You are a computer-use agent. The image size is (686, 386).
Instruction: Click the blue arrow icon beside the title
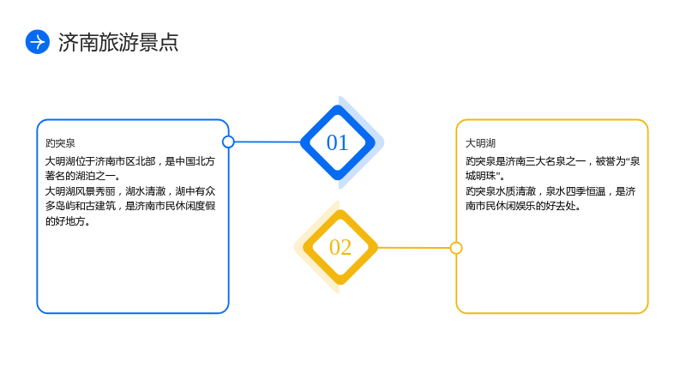coord(38,42)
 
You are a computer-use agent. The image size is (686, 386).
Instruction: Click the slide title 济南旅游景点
coord(118,42)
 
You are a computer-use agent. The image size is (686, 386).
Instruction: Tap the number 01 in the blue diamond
coord(337,142)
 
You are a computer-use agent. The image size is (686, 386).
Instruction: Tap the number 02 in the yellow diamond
coord(340,247)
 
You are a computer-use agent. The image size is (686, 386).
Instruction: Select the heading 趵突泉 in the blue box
coord(60,143)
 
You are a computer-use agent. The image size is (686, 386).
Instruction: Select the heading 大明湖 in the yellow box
coord(480,143)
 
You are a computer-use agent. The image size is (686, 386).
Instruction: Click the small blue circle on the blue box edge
coord(228,142)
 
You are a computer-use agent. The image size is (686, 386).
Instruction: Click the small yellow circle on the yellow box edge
coord(456,248)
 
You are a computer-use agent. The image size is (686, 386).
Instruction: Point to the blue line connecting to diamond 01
coord(268,142)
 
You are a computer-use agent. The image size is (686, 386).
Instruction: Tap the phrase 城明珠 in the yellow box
coord(480,176)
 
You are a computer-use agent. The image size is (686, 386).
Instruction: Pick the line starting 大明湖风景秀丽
coord(130,191)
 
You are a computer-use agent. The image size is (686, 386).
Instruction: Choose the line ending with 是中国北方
coord(130,161)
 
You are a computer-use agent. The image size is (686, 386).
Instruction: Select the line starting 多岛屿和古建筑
coord(130,206)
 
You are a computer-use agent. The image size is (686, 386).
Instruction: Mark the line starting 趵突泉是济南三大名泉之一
coord(552,161)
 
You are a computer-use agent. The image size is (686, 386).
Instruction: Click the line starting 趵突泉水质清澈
coord(551,191)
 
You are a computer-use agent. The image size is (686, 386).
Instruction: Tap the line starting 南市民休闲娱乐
coord(523,206)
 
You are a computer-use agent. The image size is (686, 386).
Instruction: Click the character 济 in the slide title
coord(69,42)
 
